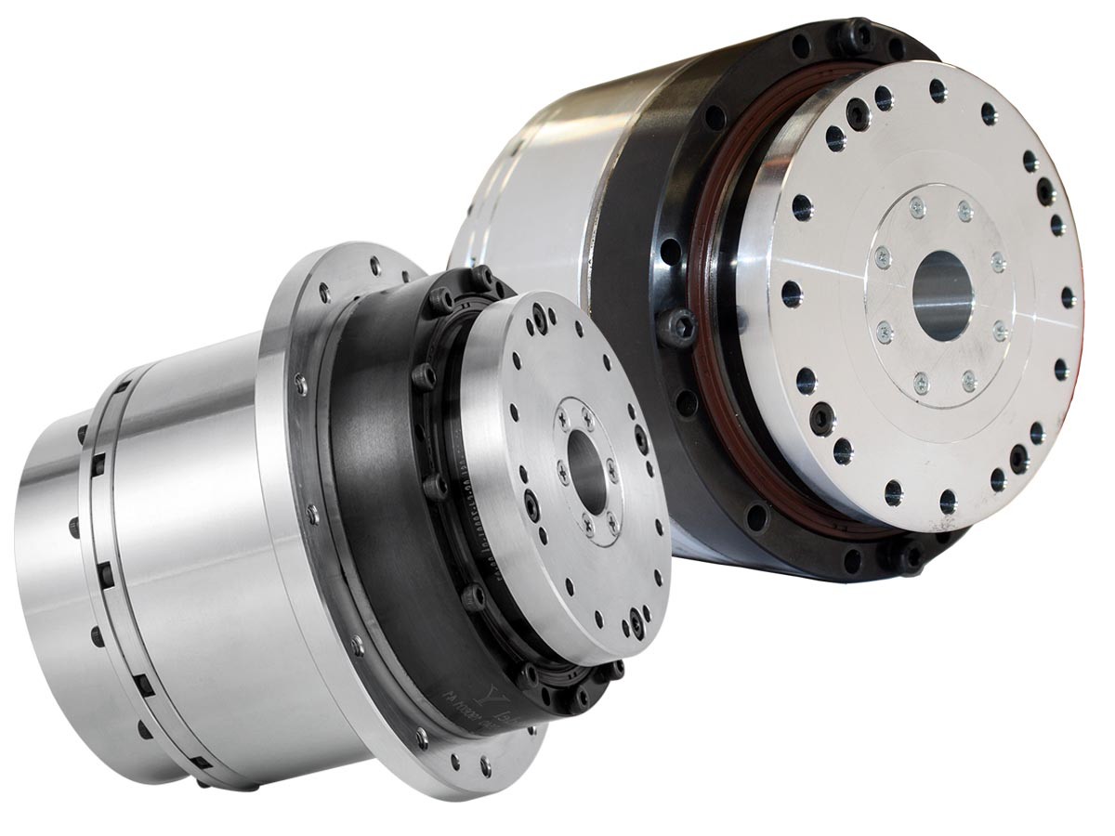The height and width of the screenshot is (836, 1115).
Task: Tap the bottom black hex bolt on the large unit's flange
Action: [x=903, y=555]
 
